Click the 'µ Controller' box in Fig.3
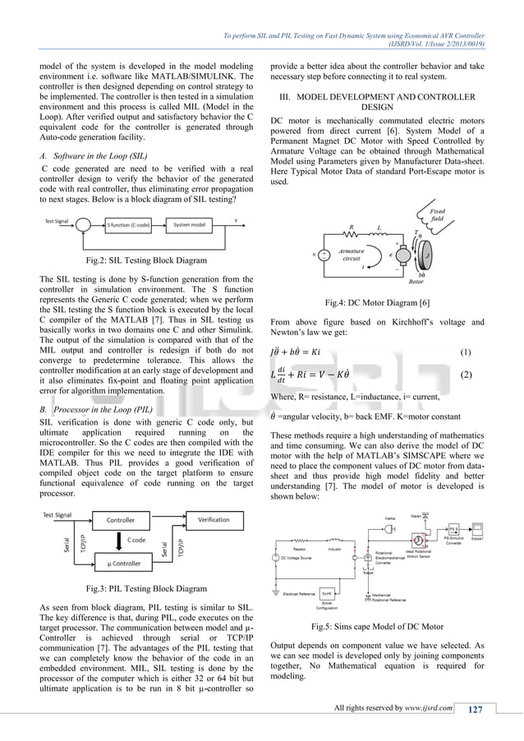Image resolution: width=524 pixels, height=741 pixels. tap(125, 564)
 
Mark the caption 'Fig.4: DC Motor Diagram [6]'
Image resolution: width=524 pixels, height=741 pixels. tap(379, 302)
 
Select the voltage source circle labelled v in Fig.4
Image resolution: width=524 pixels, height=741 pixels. tap(324, 255)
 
